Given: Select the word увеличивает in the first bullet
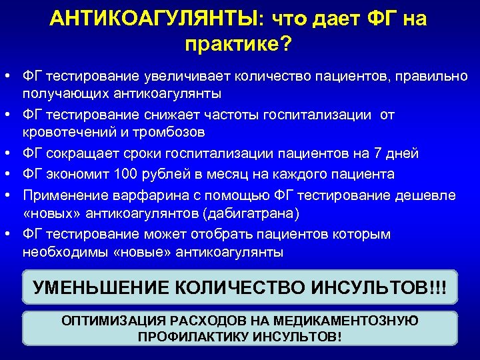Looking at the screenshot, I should (x=174, y=77).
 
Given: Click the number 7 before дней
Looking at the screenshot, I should (x=378, y=154).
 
